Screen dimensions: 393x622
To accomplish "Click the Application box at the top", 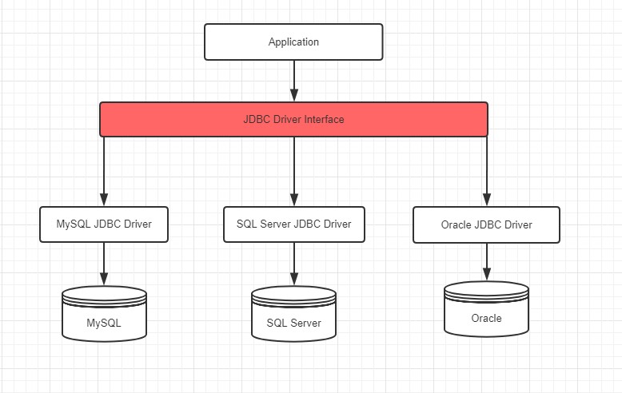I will (x=293, y=42).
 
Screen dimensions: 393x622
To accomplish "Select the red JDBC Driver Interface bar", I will (x=293, y=119).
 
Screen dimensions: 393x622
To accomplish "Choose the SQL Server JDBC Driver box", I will (x=293, y=224).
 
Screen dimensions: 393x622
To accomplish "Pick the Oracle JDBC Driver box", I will (x=486, y=225).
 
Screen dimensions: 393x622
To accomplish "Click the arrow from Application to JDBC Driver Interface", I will (x=293, y=80).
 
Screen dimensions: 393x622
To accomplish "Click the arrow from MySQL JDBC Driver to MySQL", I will (x=104, y=264).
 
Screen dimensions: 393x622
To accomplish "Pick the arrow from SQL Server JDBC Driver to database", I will (x=293, y=264).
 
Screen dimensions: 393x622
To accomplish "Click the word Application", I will (x=293, y=42).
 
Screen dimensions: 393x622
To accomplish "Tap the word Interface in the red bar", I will (x=325, y=119).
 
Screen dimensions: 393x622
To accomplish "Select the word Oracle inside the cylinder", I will (x=486, y=318).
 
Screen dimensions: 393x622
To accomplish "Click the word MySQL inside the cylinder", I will (x=104, y=324).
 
